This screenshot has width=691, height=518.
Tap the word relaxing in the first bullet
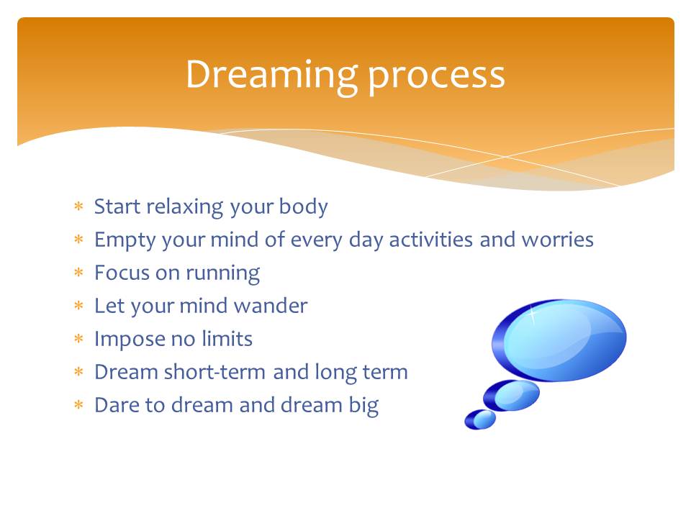(185, 207)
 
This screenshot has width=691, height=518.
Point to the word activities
(431, 240)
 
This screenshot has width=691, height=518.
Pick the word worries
(557, 240)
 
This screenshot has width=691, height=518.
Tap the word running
(222, 274)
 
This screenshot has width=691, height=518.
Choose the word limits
(227, 338)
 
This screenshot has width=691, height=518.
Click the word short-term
(215, 372)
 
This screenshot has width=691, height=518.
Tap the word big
(363, 406)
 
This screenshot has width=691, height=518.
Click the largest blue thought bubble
(559, 340)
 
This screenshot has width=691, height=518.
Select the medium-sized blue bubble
(511, 396)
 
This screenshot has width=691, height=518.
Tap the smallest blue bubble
(480, 419)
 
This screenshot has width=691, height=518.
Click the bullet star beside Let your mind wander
(79, 305)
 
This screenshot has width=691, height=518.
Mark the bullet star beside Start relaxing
(79, 206)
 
